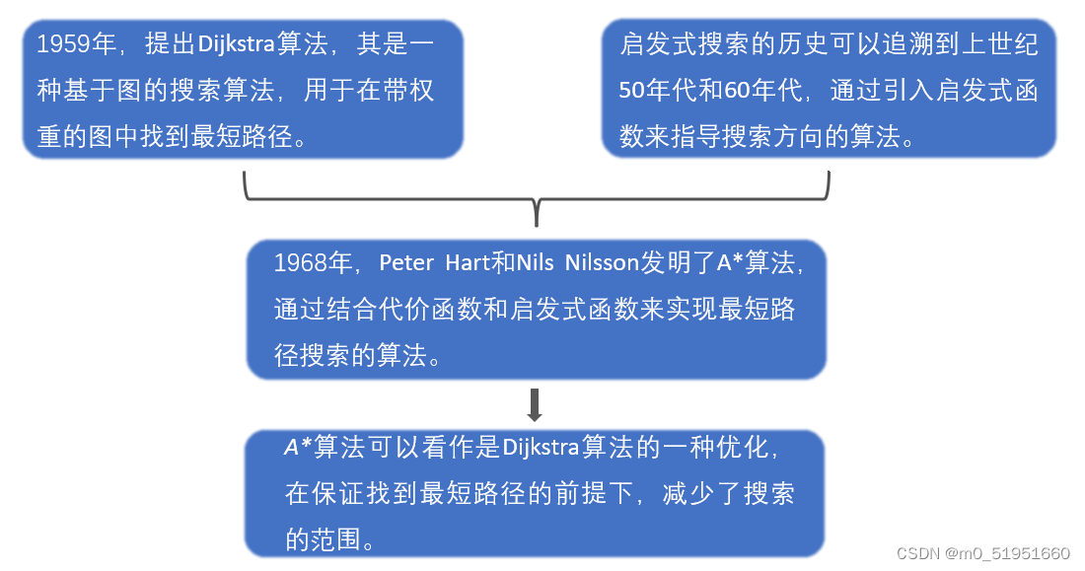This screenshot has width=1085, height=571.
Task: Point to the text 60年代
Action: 760,92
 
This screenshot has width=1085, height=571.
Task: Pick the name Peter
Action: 406,263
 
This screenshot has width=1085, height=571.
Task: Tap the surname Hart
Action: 466,263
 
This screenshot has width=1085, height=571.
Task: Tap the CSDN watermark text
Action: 917,554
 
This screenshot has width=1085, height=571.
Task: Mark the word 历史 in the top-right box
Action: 799,45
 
